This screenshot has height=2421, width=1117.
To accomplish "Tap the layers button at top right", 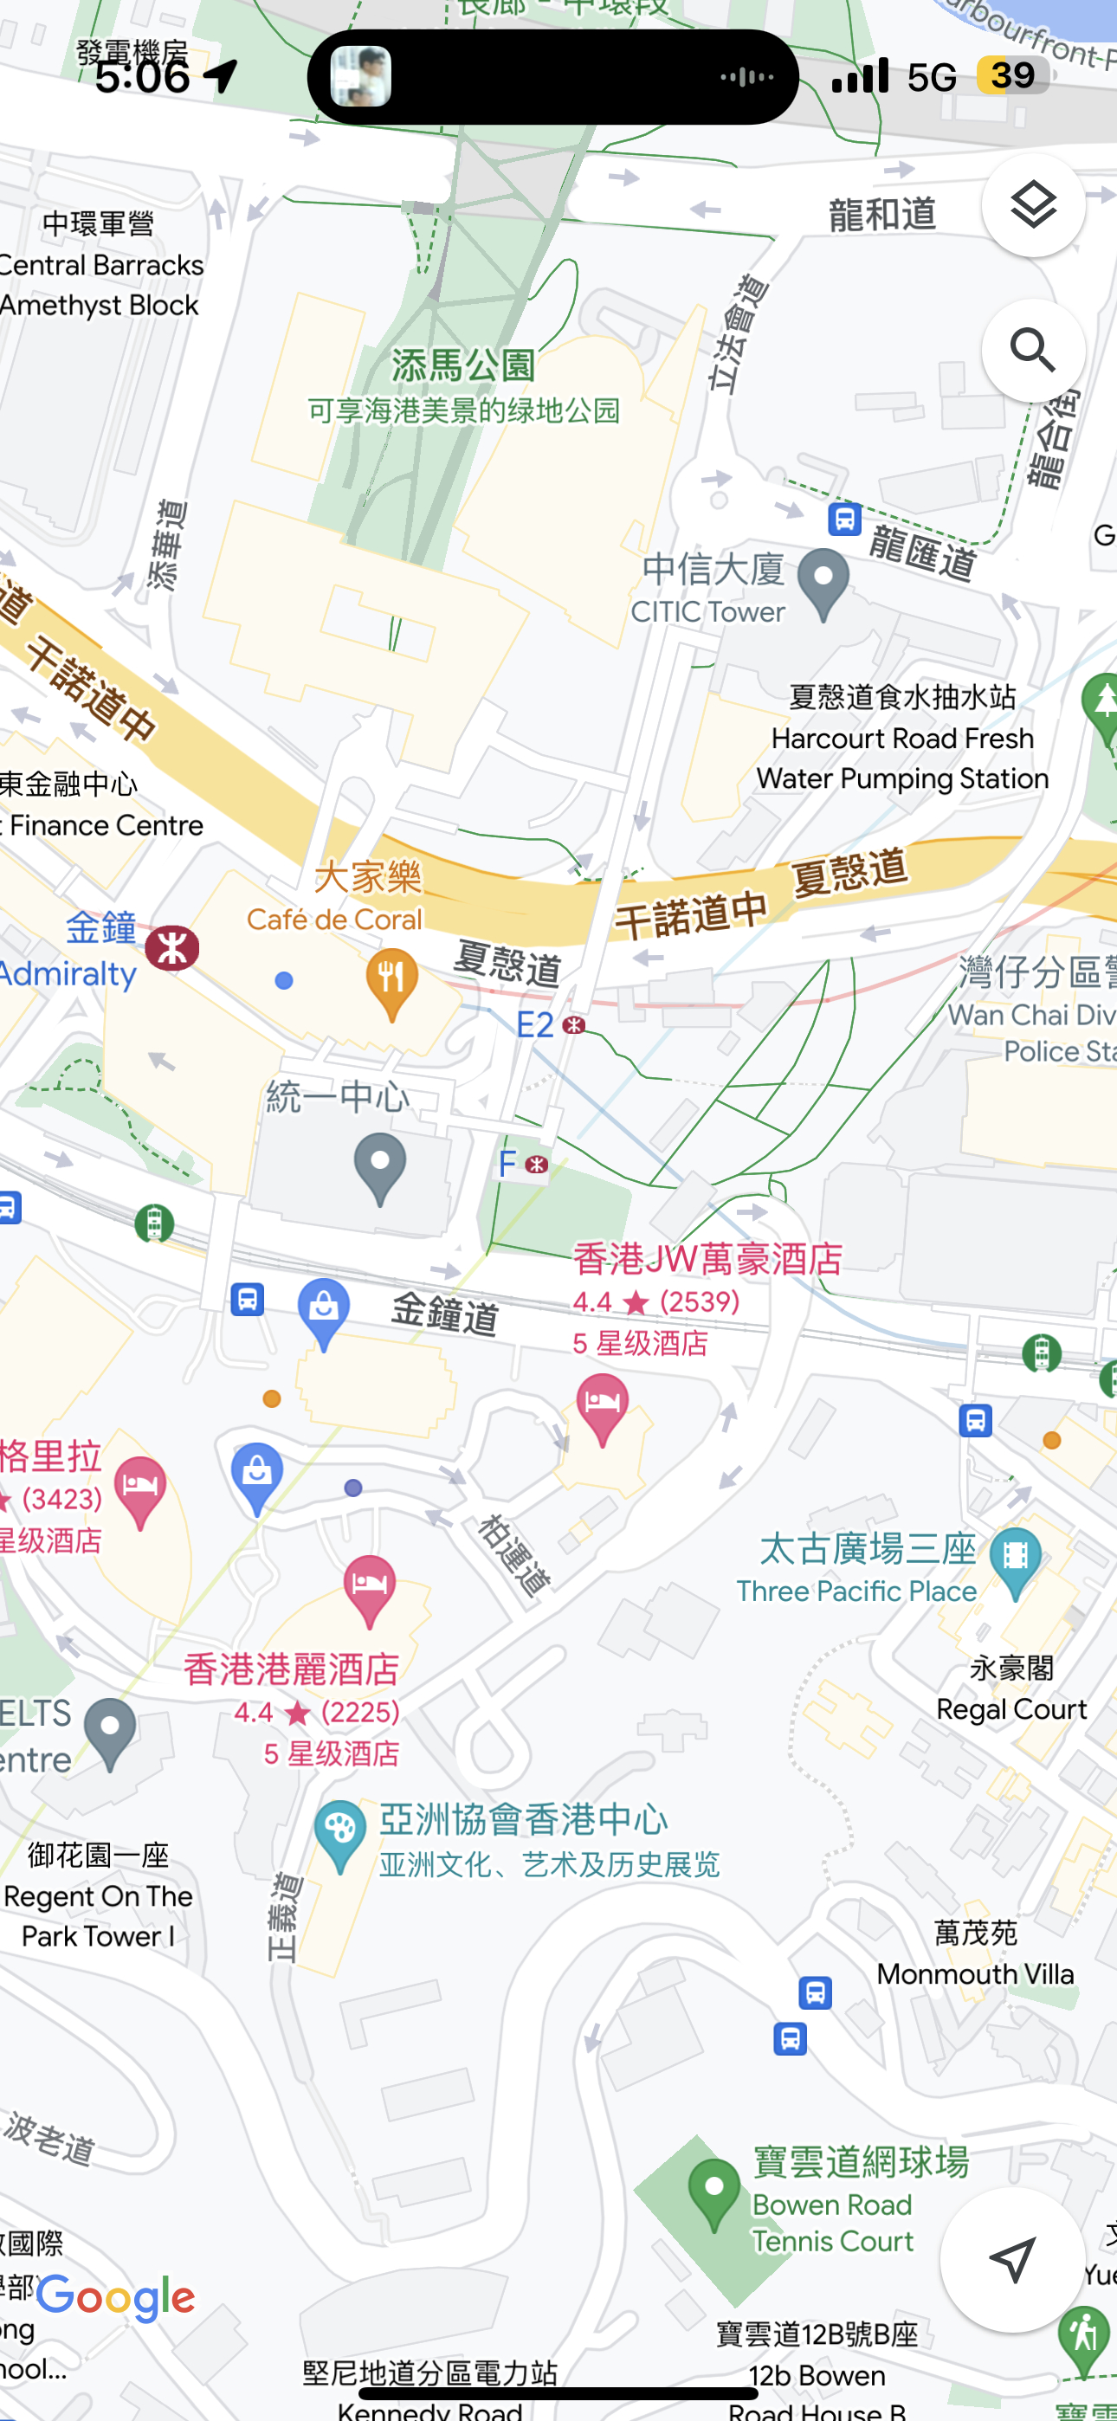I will (1032, 206).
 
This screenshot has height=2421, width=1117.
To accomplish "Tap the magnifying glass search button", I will (1032, 351).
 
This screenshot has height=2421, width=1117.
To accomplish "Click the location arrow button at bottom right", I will (1012, 2258).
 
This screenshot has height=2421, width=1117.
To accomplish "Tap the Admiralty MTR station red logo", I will (172, 947).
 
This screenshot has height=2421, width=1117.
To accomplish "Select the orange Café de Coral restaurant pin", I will (391, 980).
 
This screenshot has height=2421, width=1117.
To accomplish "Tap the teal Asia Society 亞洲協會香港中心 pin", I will (339, 1833).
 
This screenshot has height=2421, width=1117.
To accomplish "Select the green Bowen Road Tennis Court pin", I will (713, 2192).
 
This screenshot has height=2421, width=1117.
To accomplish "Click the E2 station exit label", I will (536, 1024).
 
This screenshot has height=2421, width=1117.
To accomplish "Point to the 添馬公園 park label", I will (462, 365).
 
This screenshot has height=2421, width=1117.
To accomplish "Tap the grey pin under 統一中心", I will (380, 1166).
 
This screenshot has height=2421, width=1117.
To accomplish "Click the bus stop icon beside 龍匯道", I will (844, 518).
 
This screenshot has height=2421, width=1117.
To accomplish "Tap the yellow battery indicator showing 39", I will (1011, 75).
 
